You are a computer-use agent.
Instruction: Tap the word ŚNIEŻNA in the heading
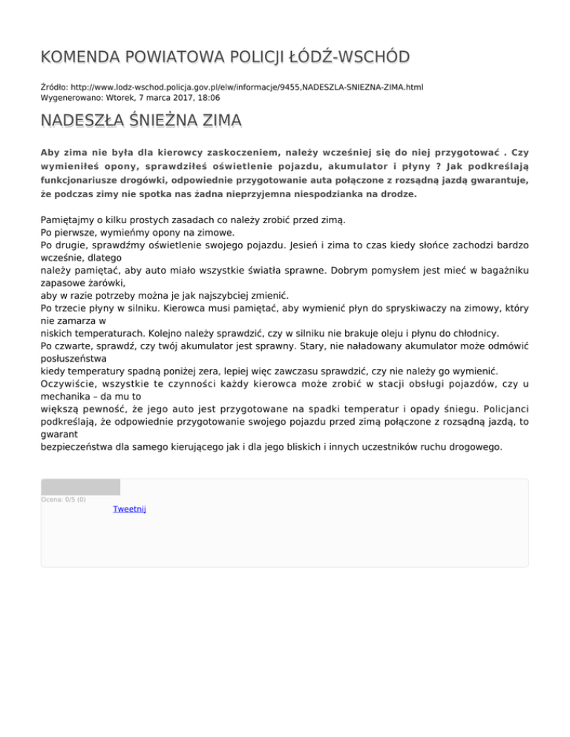157,120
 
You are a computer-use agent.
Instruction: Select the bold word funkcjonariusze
77,180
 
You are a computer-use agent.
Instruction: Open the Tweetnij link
129,509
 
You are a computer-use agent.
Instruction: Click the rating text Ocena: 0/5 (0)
63,499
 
